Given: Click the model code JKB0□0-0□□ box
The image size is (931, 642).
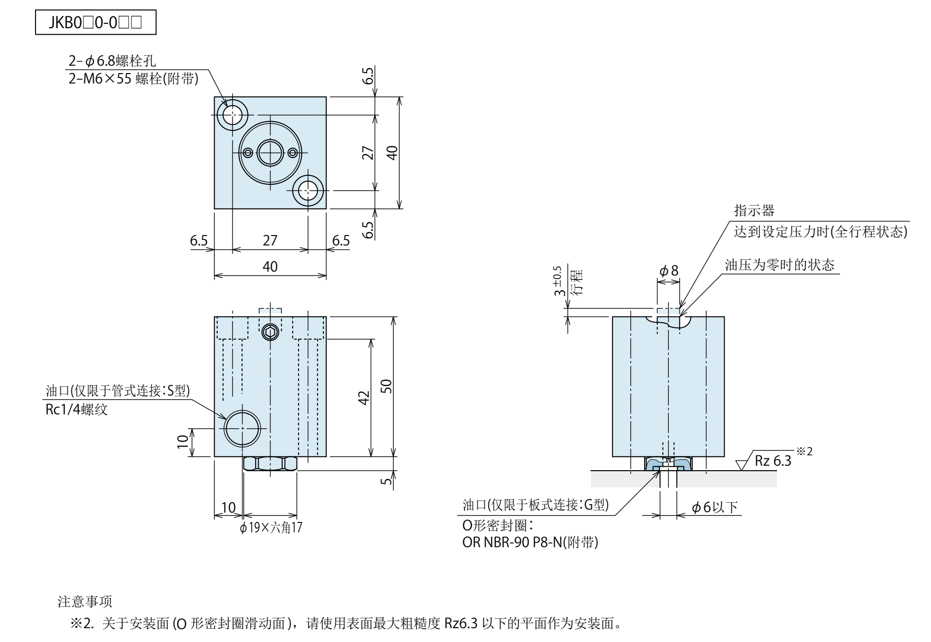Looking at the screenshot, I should coord(95,23).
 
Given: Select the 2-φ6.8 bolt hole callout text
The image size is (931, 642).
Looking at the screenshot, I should coord(113,61).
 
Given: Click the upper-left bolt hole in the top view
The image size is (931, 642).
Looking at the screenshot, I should coord(232,116).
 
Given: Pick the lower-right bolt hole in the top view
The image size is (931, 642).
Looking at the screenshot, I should coord(308,190).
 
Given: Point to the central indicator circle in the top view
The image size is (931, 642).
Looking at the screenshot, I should coord(270,153).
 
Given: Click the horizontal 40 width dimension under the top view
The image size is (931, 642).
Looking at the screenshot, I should coord(270,267).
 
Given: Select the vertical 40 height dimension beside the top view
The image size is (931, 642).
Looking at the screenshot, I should coord(392,153).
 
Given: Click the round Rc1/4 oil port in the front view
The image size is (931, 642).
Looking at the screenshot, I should coord(242,428).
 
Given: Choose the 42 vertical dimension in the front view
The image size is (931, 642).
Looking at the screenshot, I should coord(364,398).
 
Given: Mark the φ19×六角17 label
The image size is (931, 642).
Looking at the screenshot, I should coord(271,528).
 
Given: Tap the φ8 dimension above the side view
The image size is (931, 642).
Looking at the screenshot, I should coord(669,271).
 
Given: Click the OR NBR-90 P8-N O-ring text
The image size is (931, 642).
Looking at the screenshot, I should coord(530,543).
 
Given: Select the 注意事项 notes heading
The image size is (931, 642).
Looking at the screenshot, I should coord(85,602).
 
